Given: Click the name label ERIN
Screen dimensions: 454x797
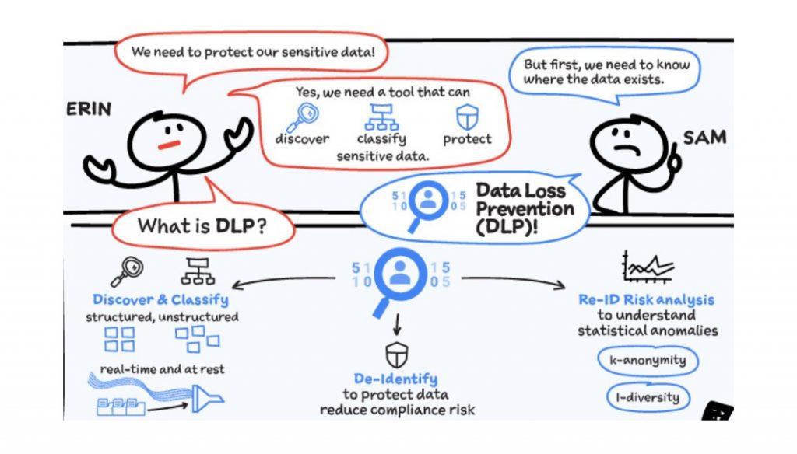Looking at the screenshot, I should [x=87, y=109].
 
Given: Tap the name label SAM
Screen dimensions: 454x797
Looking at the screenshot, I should [x=704, y=138].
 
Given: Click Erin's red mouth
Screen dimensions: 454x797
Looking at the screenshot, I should [x=169, y=145].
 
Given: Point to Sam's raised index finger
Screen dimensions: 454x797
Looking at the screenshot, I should [x=675, y=149].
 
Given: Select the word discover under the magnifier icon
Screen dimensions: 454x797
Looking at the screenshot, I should [x=303, y=140].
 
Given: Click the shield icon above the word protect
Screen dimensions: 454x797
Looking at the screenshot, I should [x=467, y=117].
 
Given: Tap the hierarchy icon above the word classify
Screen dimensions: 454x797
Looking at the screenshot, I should [x=382, y=117].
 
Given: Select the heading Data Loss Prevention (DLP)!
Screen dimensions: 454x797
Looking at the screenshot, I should [x=524, y=209].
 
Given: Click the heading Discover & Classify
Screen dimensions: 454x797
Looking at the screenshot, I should [x=160, y=299].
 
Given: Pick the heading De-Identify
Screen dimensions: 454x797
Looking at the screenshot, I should [x=395, y=379].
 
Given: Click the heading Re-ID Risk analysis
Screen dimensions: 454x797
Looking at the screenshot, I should [x=647, y=299].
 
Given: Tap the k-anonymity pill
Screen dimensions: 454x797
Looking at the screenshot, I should [x=648, y=361].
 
